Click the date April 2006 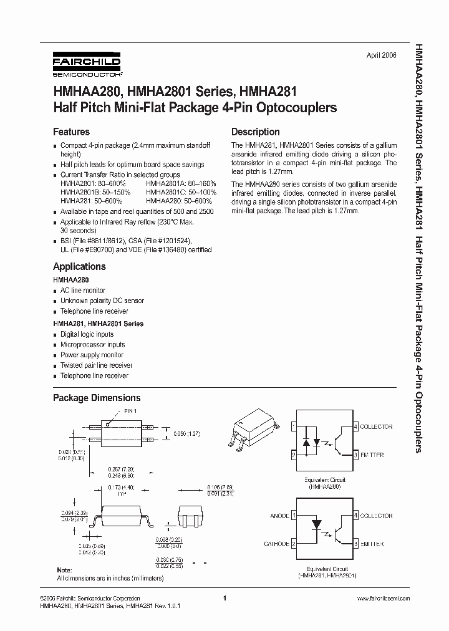tap(380, 55)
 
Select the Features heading tap(71, 132)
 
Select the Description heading tap(255, 132)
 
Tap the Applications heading tap(79, 267)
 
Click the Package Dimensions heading tap(97, 398)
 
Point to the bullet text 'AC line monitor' tap(82, 291)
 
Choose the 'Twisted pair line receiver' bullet tap(96, 365)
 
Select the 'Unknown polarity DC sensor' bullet tap(102, 301)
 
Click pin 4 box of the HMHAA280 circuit tap(356, 426)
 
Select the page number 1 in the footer tap(223, 598)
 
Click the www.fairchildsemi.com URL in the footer tap(383, 598)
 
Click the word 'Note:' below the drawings tap(64, 571)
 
